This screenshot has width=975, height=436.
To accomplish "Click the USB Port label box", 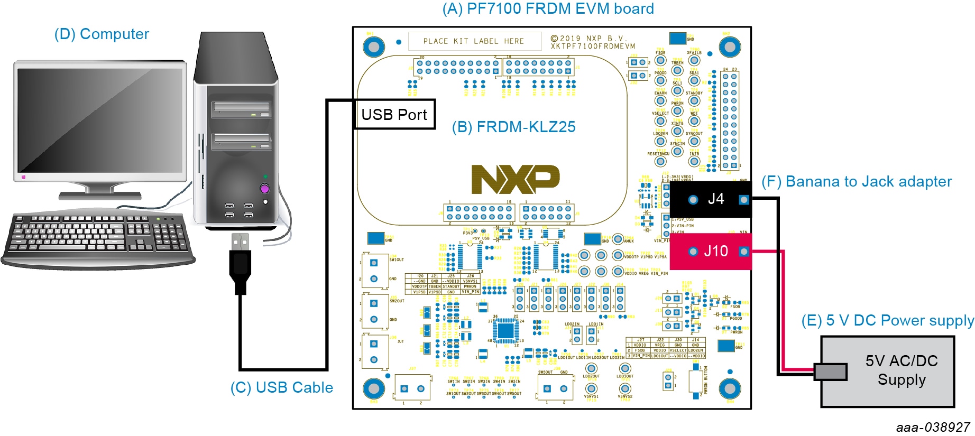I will tap(394, 114).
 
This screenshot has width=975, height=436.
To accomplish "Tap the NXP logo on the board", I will tap(515, 179).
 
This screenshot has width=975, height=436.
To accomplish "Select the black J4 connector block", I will tap(711, 199).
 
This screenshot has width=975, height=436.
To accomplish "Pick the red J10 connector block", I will tap(711, 252).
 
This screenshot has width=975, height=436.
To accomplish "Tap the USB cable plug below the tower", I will tap(240, 264).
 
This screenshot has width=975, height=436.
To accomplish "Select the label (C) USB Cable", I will tap(281, 387).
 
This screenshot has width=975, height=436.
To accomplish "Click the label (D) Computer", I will tap(102, 34).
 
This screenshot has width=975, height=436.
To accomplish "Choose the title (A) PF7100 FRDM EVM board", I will tap(548, 8).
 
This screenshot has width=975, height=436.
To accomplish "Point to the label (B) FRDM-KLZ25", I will tap(513, 127).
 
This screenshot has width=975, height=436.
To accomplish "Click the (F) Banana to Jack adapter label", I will tap(856, 181).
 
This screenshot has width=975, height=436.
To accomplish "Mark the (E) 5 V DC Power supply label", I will tap(887, 320).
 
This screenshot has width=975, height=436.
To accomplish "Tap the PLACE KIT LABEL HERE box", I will tap(474, 41).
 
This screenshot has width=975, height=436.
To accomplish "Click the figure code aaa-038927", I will tap(933, 427).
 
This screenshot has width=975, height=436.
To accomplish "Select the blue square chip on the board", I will tap(505, 330).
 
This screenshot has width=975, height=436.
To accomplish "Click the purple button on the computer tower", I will tap(265, 189).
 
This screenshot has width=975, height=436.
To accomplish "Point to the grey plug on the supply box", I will tap(830, 372).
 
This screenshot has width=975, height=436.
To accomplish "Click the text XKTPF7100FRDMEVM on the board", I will tap(593, 47).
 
